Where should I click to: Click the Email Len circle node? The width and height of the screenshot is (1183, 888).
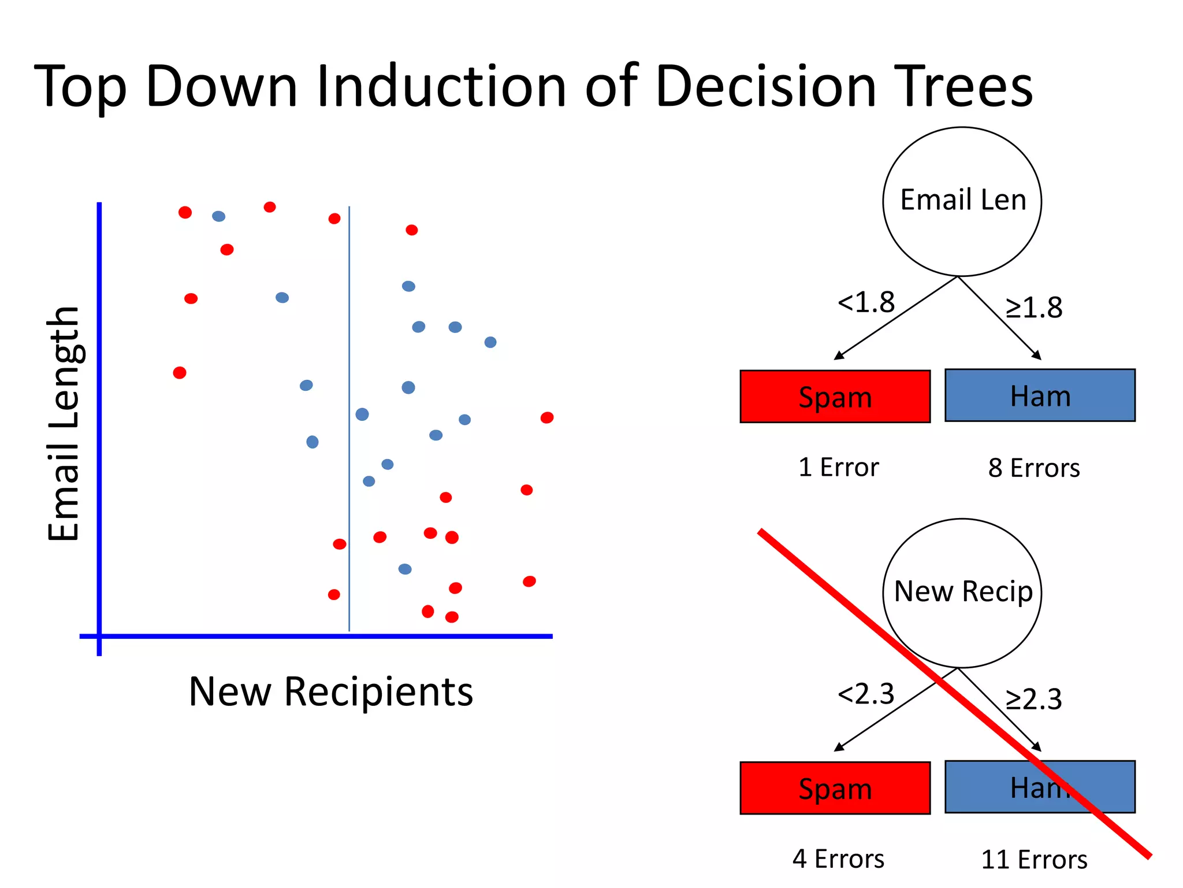point(962,201)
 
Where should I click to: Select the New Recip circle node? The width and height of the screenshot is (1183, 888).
point(962,593)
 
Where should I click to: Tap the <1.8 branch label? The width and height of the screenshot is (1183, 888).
point(865,302)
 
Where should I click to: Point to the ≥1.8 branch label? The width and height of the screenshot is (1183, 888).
point(1033,308)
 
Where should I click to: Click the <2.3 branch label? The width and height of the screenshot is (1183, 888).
point(865,694)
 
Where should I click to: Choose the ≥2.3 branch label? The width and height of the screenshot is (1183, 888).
point(1033,700)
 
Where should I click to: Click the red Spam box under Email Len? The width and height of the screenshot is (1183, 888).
point(835,397)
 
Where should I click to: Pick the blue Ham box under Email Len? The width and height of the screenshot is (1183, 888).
point(1040,395)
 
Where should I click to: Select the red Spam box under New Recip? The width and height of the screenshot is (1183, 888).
point(835,788)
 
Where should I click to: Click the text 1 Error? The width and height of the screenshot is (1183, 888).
point(838,467)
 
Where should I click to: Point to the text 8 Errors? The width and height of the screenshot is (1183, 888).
point(1033,468)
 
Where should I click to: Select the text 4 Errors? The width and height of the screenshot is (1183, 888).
point(838,859)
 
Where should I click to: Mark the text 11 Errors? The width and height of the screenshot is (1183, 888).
point(1034,860)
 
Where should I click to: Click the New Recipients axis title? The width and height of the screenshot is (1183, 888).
point(330,692)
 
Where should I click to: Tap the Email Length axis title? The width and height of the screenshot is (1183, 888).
point(64,424)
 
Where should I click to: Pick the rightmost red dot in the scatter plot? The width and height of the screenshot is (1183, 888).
point(547,417)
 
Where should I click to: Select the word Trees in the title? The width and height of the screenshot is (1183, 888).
point(963,87)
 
